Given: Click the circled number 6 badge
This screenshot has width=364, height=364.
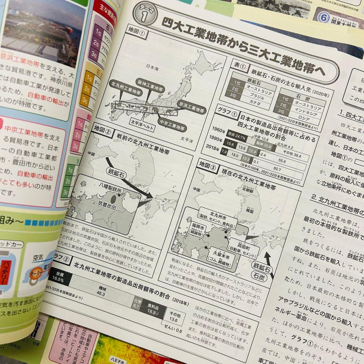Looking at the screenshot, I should pos(323,17).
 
